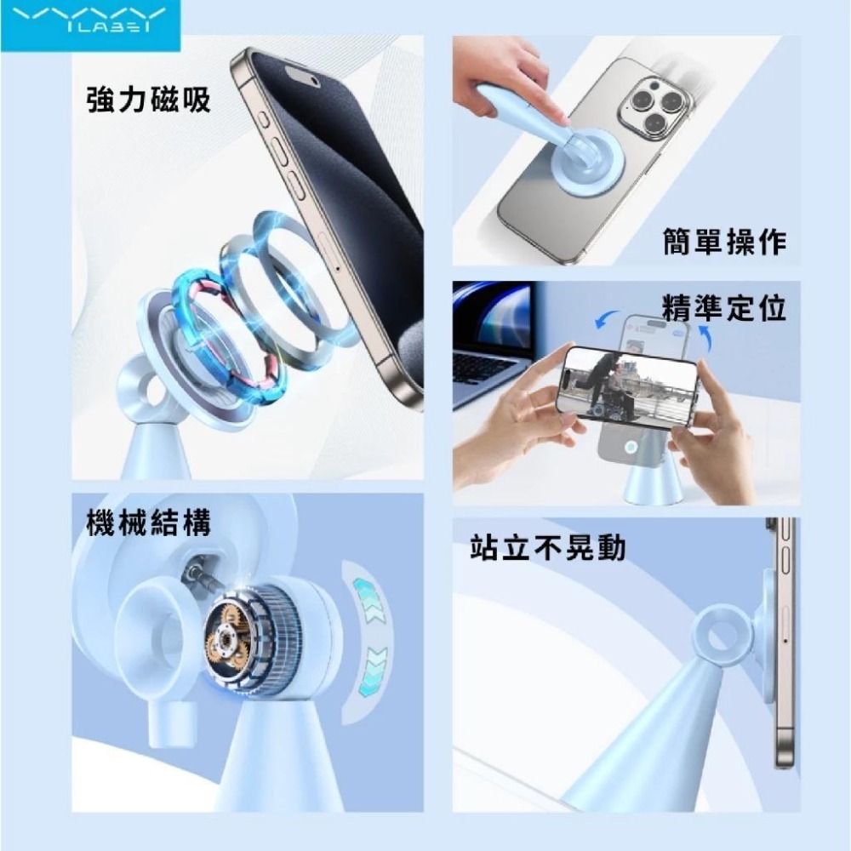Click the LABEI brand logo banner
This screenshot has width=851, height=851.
[x=91, y=26]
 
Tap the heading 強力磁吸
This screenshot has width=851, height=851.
[x=148, y=100]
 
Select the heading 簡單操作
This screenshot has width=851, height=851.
[x=725, y=242]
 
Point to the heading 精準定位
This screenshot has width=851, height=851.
[x=724, y=308]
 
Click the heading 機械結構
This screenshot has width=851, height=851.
[x=148, y=523]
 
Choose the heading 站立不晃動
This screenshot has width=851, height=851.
[x=548, y=547]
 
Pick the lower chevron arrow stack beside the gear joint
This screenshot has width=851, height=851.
[x=374, y=670]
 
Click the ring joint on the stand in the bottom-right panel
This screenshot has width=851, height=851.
[x=722, y=634]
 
